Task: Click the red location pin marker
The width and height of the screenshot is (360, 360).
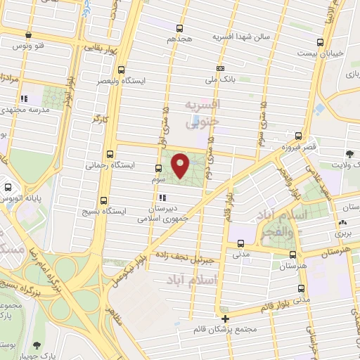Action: point(181,165)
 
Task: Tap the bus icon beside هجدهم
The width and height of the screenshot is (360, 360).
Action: point(181,29)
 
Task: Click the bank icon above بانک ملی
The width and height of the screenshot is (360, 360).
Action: point(221,68)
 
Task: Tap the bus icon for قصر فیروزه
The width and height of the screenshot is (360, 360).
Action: point(300,136)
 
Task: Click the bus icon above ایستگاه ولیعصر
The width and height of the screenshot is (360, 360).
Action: point(122,70)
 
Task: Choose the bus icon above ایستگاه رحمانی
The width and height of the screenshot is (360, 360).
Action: point(109,154)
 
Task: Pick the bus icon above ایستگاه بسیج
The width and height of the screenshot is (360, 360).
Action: point(104,199)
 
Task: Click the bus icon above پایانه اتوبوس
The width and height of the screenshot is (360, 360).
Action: point(8,188)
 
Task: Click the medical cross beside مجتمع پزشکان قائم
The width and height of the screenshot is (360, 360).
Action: point(225,319)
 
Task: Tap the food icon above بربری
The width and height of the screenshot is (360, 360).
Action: point(342,221)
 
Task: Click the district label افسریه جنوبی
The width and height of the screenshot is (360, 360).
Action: point(201,112)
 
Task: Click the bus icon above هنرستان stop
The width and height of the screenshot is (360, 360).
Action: point(300,255)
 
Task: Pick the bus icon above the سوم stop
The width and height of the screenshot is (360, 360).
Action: point(157,168)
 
